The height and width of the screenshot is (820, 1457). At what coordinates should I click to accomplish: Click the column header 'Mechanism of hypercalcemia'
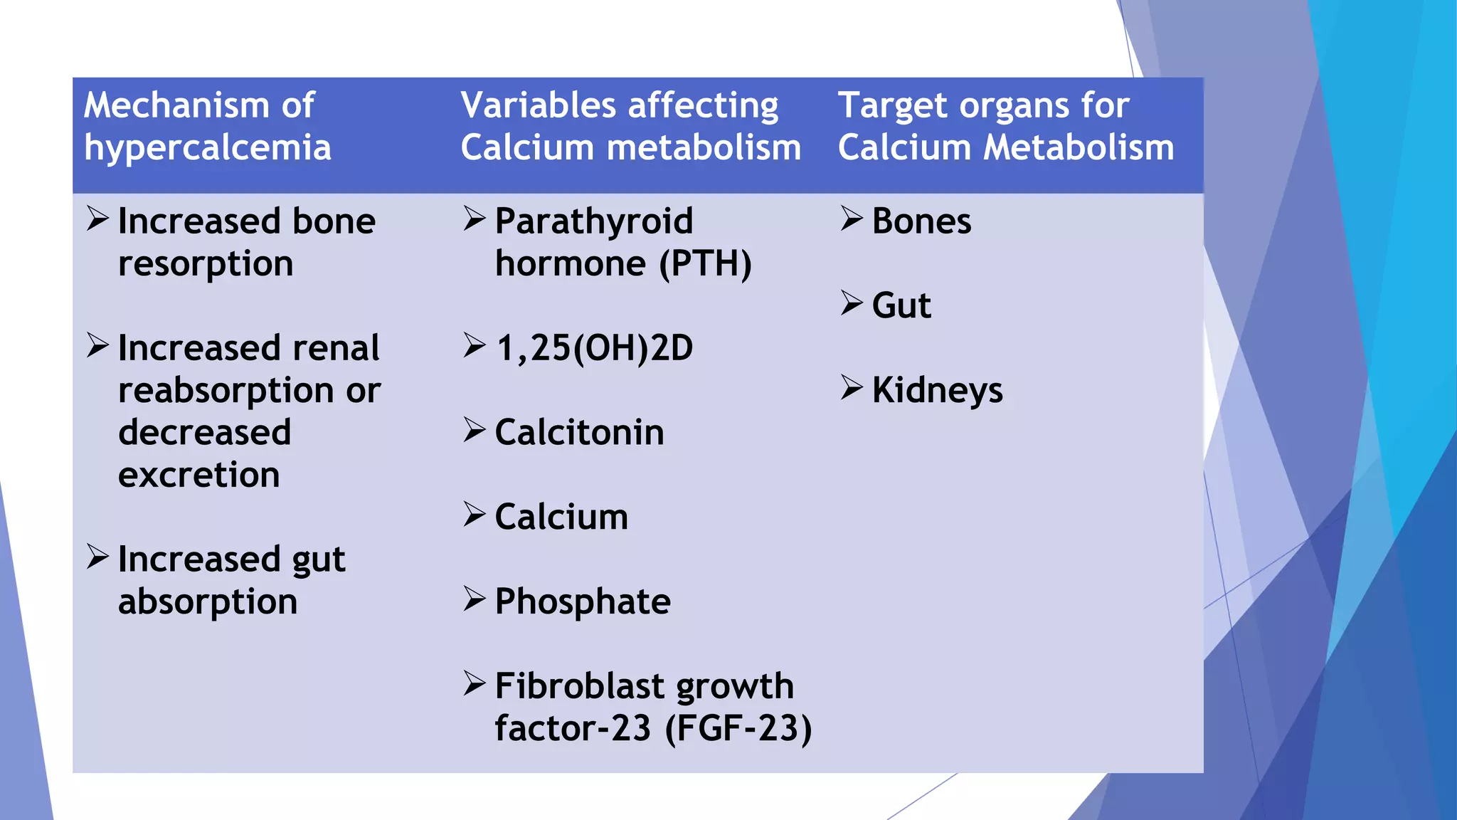point(207,127)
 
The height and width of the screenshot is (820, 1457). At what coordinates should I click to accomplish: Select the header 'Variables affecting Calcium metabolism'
point(630,127)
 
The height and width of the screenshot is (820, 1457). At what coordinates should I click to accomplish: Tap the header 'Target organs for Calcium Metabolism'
point(1005,127)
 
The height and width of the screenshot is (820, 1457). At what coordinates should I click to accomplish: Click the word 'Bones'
point(921,221)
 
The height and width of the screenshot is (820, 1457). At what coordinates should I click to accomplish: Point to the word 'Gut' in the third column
point(901,306)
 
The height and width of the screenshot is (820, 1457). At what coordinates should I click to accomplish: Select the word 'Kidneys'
point(937,391)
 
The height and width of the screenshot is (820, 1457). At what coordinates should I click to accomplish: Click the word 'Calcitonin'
point(579,433)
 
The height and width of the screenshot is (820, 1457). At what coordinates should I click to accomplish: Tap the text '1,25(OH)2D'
point(593,349)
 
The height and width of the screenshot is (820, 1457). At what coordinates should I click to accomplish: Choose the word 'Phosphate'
point(582,602)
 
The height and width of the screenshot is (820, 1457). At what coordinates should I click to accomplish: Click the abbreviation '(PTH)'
point(705,264)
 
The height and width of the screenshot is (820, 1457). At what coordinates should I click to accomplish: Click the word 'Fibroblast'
point(569,686)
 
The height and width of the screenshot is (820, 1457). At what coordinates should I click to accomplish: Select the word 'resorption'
point(206,265)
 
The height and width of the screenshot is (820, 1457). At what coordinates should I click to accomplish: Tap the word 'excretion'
point(198,475)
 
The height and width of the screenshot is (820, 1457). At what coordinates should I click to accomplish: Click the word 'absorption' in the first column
point(207,602)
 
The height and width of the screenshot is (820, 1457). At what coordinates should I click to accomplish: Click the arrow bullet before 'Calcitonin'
point(474,430)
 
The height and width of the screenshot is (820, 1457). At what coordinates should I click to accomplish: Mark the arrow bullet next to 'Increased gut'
point(97,557)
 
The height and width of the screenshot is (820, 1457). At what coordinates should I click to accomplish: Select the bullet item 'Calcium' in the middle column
point(561,517)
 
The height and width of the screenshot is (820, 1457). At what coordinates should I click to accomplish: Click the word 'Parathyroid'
point(593,221)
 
